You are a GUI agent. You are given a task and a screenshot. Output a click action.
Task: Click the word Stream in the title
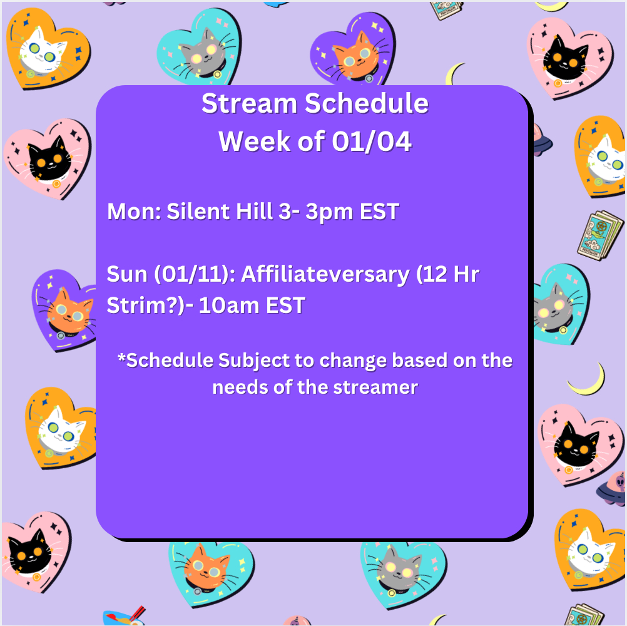tap(249, 103)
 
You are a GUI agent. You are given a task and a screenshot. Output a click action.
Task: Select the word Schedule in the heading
tap(367, 103)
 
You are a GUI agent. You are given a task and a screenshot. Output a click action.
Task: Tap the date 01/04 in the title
tap(372, 141)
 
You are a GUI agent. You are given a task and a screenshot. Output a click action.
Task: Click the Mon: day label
tap(134, 211)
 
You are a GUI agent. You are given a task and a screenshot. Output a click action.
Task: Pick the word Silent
tap(198, 211)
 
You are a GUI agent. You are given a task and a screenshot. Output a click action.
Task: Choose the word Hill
tap(254, 211)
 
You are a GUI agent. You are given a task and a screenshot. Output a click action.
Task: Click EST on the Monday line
tap(379, 212)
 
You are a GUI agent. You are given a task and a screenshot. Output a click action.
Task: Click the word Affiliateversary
tap(325, 274)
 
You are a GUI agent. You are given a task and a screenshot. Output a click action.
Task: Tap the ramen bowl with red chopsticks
tap(124, 617)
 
